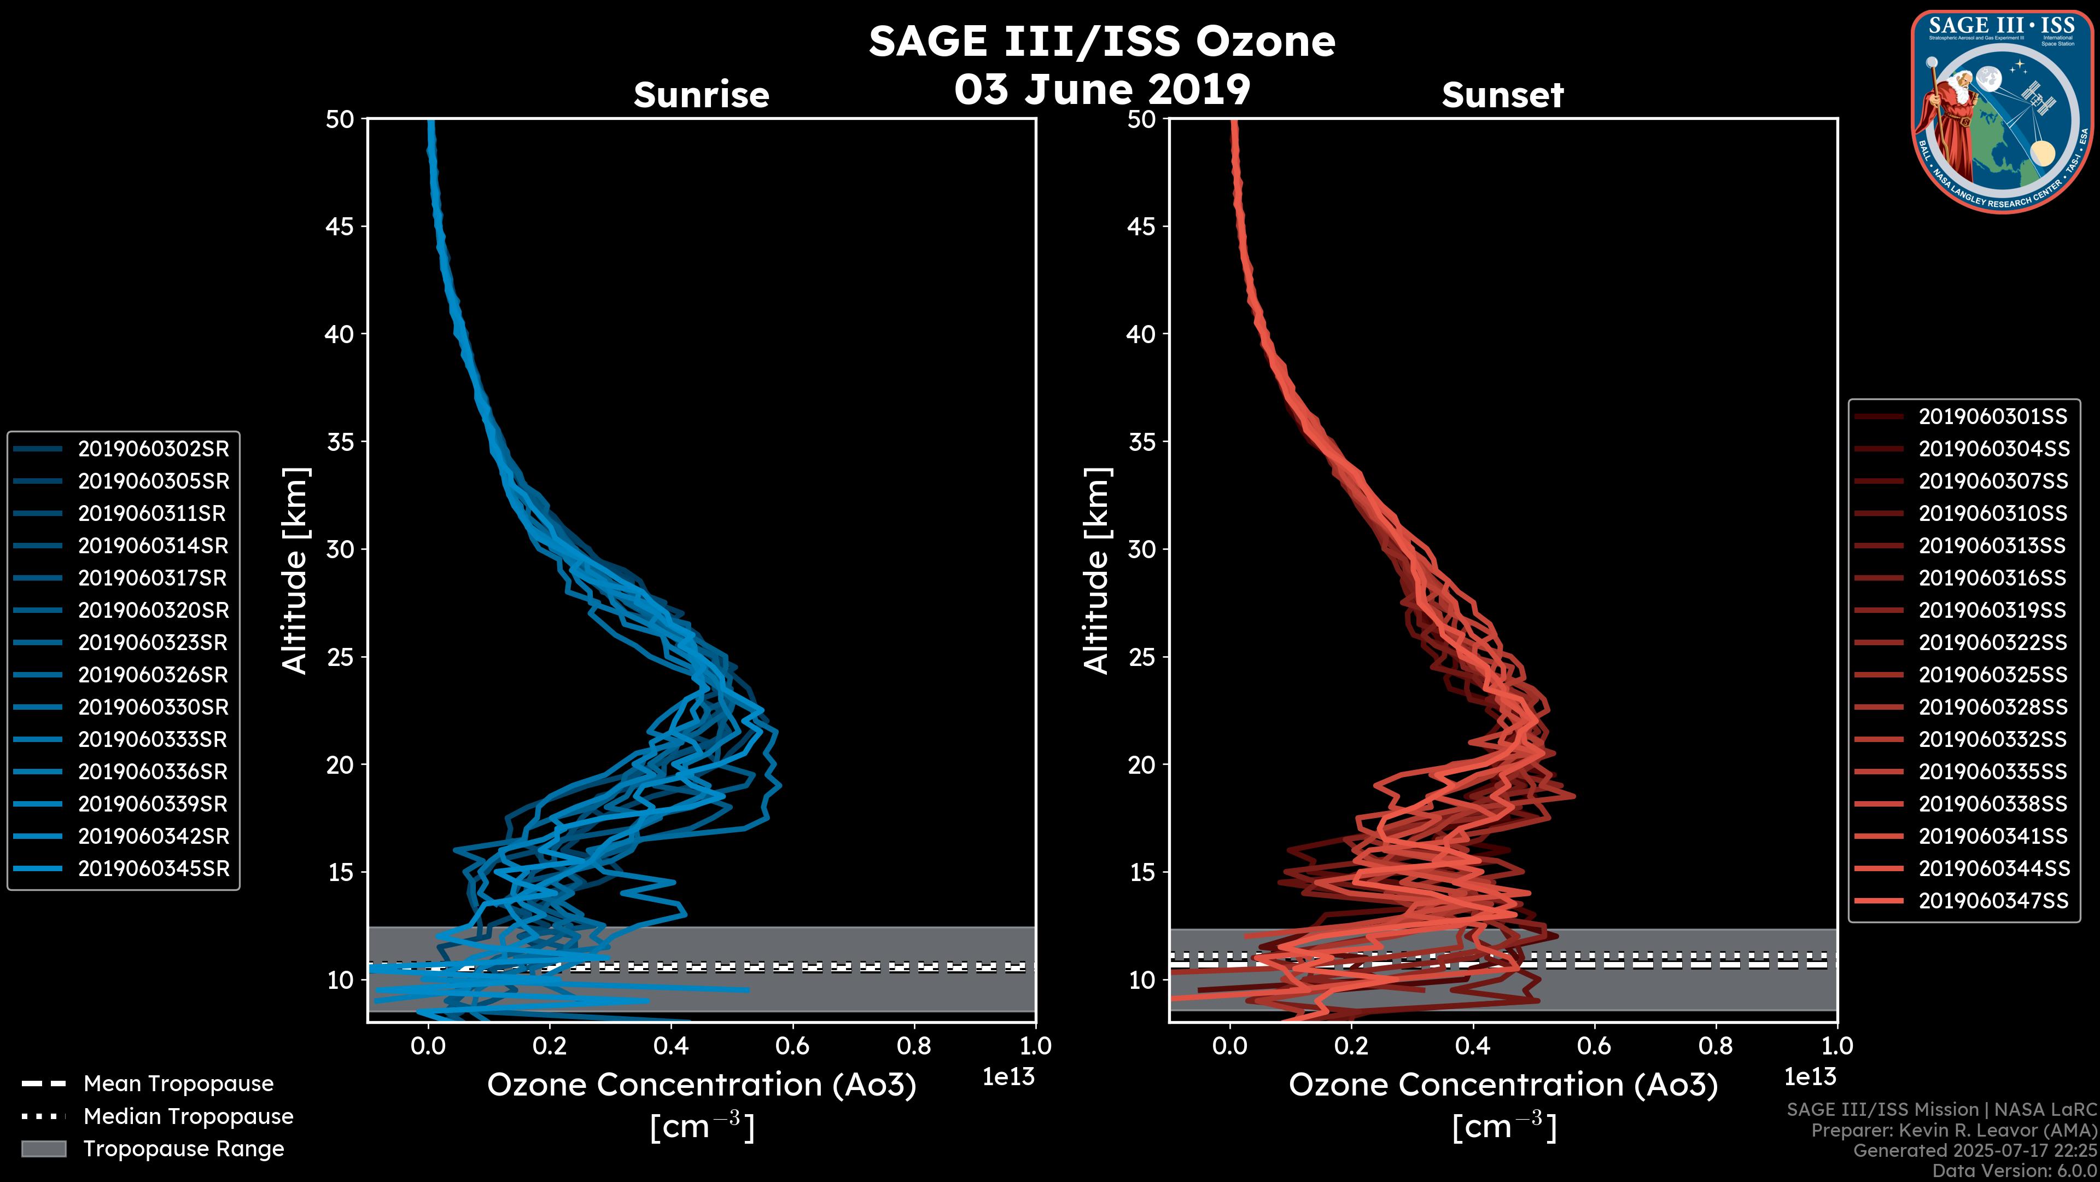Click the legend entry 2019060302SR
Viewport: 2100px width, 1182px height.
pos(153,449)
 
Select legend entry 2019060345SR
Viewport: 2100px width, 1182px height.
pos(153,869)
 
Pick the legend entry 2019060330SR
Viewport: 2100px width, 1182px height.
pos(153,707)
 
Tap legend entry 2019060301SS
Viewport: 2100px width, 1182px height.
pos(1992,417)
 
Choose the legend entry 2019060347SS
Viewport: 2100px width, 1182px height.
pos(1992,901)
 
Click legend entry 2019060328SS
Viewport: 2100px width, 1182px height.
pos(1992,707)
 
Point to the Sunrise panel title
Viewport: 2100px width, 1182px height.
pos(701,95)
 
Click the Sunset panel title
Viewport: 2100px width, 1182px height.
pos(1502,95)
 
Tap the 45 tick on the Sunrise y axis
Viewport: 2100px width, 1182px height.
pos(340,226)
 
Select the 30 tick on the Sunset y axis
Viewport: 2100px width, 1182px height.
pos(1141,549)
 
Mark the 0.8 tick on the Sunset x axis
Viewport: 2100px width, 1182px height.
pos(1715,1046)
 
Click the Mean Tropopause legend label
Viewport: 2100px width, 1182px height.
pos(178,1084)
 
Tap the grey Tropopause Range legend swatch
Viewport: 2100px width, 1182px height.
pos(43,1149)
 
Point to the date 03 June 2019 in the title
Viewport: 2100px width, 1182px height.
pos(1102,89)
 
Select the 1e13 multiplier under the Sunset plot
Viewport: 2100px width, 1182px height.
pos(1810,1077)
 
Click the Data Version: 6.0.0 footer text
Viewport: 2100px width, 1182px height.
pos(2015,1172)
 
